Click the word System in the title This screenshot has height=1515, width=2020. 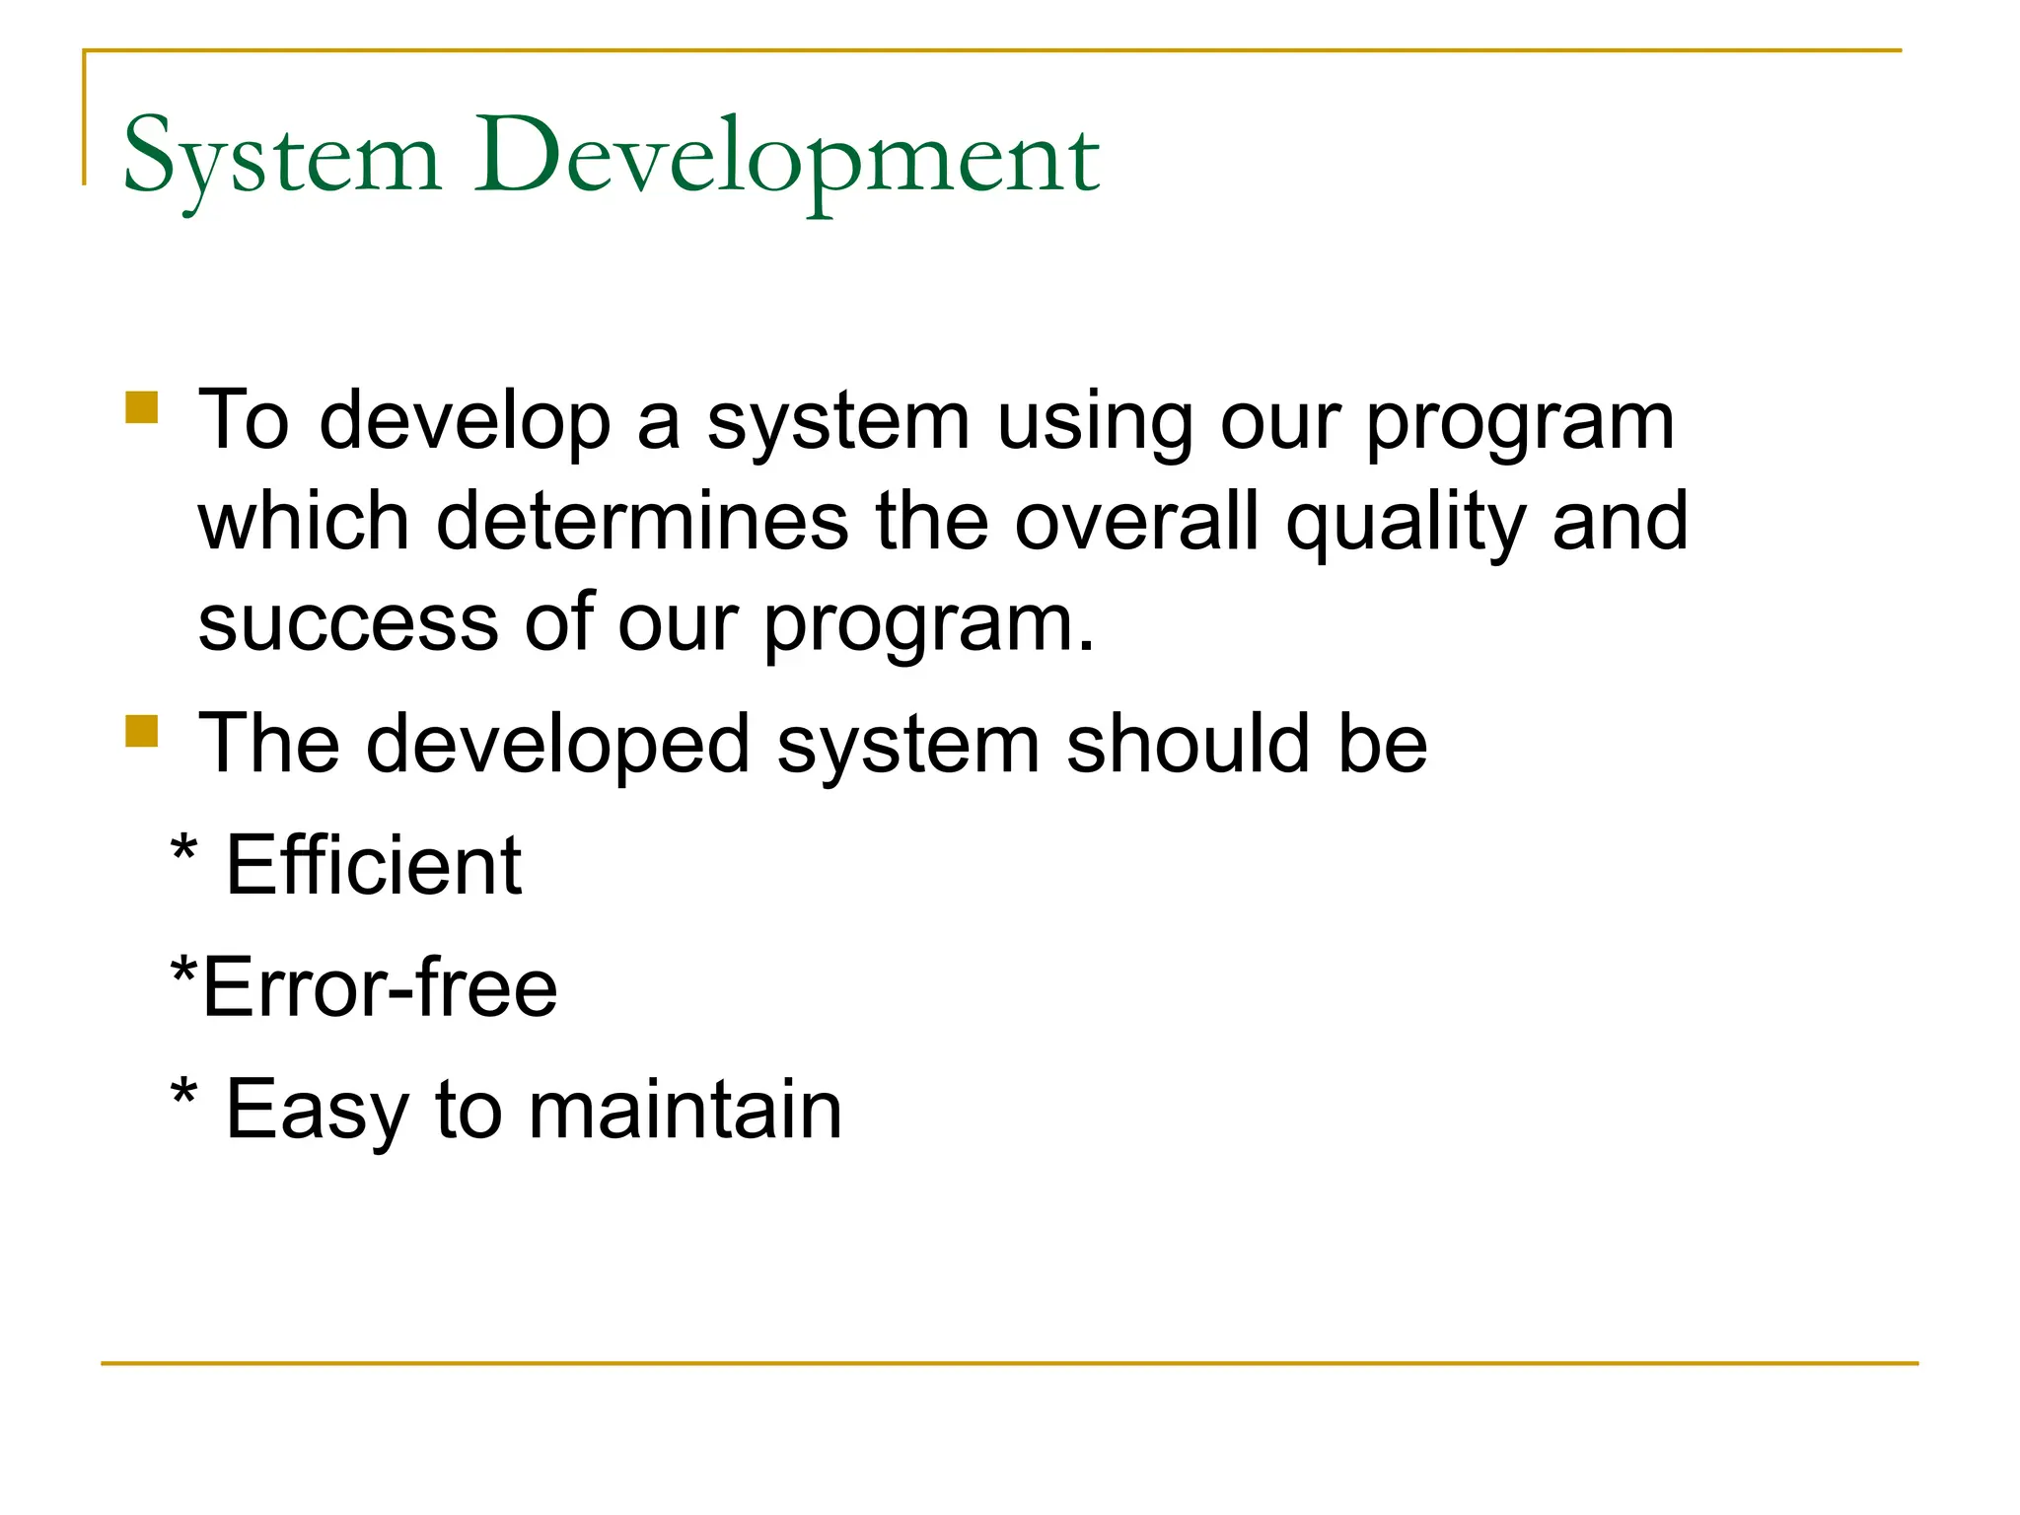point(281,158)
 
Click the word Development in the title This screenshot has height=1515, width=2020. point(786,158)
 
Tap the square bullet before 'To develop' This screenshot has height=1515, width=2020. point(142,407)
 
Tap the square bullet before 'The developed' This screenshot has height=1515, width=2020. point(142,731)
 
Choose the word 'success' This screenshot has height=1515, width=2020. point(348,623)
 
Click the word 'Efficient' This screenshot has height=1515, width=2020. point(374,866)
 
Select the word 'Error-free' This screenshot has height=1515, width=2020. point(380,987)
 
